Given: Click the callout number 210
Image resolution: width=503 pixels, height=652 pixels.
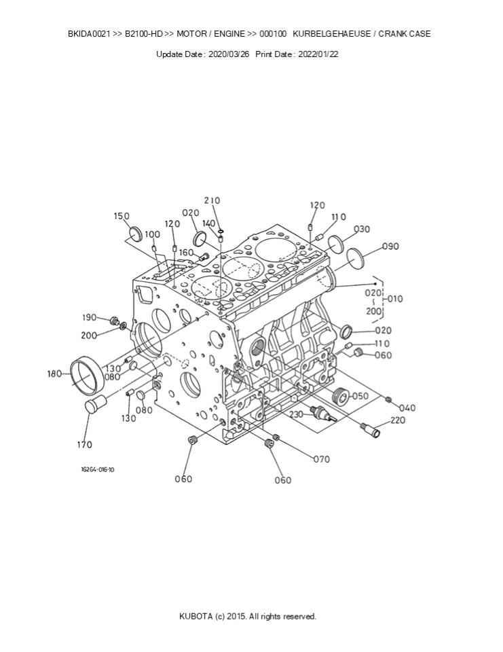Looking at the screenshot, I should tap(212, 200).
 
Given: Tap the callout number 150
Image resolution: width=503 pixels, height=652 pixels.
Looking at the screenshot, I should tap(122, 216).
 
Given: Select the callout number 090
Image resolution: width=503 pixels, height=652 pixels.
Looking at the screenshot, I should tap(390, 247).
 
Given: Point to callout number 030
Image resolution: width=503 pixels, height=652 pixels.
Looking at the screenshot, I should tap(362, 229).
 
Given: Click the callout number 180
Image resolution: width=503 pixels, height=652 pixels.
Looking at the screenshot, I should tap(55, 373).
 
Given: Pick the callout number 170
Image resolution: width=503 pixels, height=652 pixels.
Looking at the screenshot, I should tap(84, 445).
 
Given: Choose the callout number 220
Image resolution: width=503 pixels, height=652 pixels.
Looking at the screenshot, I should tap(397, 420).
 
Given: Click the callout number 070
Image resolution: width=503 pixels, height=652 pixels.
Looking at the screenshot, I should tap(321, 459).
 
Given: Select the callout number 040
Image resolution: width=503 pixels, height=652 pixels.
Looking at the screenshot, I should tap(407, 407).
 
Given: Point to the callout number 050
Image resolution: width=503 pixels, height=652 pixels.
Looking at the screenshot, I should tap(360, 396).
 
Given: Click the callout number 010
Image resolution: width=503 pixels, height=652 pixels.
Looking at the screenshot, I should tap(394, 298).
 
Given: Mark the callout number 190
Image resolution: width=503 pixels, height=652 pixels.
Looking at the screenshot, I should tap(90, 318).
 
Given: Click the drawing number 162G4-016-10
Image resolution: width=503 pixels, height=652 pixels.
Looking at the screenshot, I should tap(97, 469).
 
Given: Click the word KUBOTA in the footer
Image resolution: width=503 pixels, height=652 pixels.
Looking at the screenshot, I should tap(195, 617).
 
